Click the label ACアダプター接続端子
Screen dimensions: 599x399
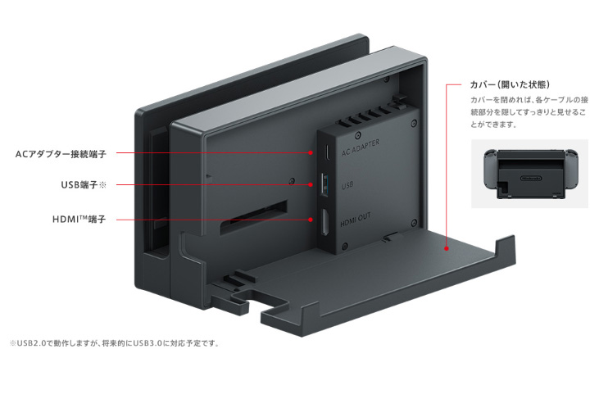tap(61, 154)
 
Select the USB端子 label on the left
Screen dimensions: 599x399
tap(84, 185)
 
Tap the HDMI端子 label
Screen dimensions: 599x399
tap(79, 220)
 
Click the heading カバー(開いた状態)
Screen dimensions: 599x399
tap(510, 84)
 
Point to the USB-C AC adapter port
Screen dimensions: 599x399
tap(327, 152)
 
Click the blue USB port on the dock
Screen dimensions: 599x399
tap(324, 185)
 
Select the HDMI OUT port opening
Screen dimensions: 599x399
tap(325, 222)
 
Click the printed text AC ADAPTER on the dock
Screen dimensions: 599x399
tap(361, 147)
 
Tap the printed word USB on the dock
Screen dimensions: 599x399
tap(347, 185)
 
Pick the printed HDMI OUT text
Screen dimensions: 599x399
tap(356, 220)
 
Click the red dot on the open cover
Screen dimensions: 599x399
tap(447, 248)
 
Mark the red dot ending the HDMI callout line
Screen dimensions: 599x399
tap(311, 220)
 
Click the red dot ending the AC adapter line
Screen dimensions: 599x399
tap(311, 152)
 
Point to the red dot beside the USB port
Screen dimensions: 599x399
tap(311, 185)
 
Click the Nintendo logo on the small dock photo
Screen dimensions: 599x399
tap(531, 179)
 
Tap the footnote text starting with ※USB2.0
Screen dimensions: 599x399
tap(115, 343)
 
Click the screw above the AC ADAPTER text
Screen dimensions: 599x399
tap(358, 135)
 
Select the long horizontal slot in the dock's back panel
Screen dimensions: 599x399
tap(254, 218)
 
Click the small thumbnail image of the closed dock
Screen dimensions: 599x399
tap(529, 174)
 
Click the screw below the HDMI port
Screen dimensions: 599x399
tap(345, 247)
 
